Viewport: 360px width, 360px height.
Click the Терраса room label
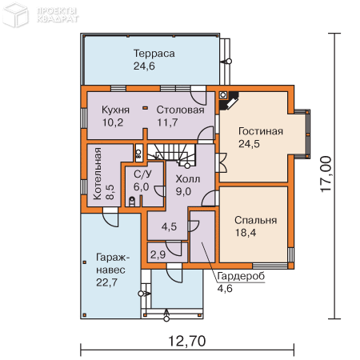[x=154, y=54]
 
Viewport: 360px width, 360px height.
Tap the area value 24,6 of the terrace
[x=144, y=66]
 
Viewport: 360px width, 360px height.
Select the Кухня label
[x=115, y=110]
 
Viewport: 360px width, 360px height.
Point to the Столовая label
[x=180, y=110]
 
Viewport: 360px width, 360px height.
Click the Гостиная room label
[x=261, y=131]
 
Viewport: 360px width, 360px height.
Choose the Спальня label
[x=256, y=220]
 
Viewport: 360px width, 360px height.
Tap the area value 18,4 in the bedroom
[x=246, y=233]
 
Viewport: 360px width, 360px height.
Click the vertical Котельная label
[x=97, y=174]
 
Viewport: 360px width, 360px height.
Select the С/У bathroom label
[x=142, y=174]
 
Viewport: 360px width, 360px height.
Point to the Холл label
[x=188, y=179]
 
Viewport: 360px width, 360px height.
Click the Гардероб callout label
[x=241, y=276]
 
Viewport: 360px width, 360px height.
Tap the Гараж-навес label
[x=113, y=263]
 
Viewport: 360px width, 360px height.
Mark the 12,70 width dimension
[x=187, y=341]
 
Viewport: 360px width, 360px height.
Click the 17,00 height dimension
[x=326, y=174]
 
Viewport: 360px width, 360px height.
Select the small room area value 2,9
[x=158, y=254]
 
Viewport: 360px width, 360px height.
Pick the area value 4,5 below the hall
[x=169, y=226]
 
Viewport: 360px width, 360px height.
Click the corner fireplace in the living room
[x=229, y=100]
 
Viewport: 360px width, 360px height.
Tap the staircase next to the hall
[x=171, y=154]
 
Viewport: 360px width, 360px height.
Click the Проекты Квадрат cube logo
[x=15, y=15]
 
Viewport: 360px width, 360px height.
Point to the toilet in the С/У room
[x=132, y=202]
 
